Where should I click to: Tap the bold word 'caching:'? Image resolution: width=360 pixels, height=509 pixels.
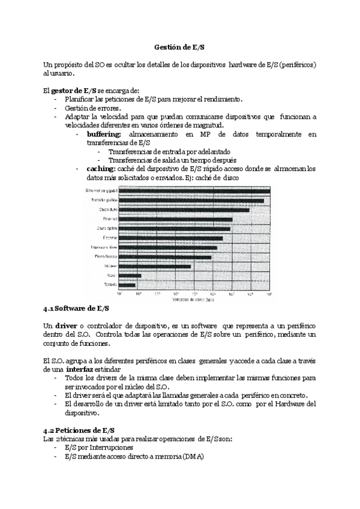[x=101, y=169]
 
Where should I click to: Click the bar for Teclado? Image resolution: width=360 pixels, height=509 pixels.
[x=127, y=285]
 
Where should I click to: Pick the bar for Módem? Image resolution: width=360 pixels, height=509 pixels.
[x=154, y=266]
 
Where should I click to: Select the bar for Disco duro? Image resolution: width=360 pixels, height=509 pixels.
[x=184, y=209]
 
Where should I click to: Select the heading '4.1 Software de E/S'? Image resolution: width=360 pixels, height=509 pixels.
[x=76, y=309]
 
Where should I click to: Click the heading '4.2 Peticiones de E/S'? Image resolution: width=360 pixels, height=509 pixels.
[x=79, y=431]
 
